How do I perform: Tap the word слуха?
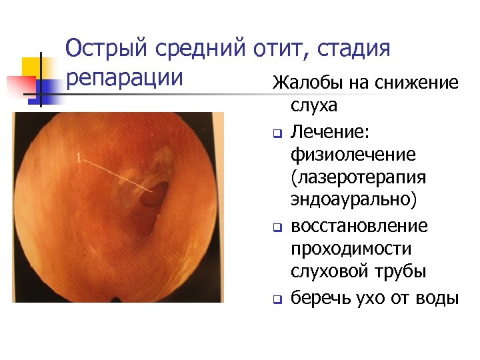click(314, 106)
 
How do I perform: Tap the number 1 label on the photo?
click(80, 158)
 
